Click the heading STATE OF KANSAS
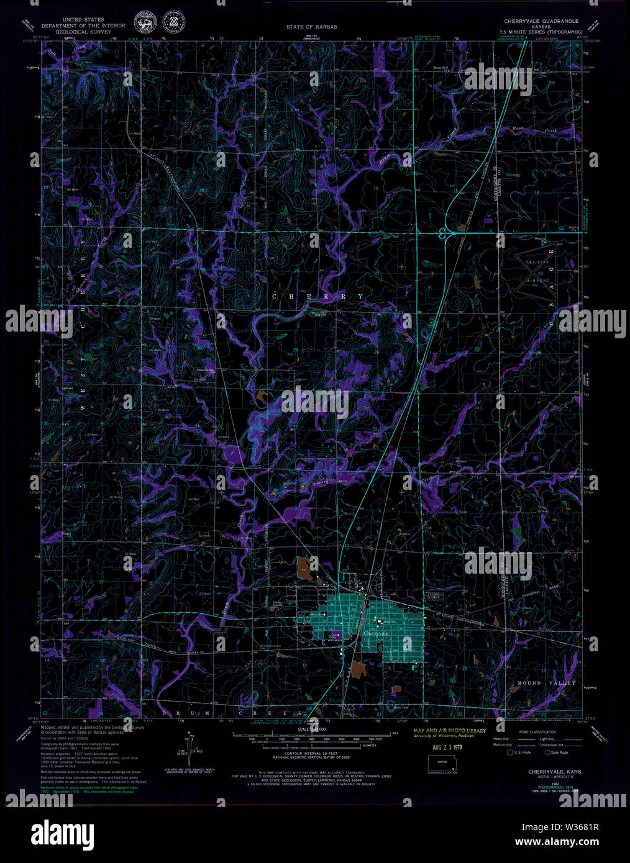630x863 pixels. click(x=312, y=27)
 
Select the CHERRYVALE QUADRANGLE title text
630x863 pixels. click(x=541, y=21)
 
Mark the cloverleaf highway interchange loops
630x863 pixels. click(x=445, y=233)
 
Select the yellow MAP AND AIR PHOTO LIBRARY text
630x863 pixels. click(x=449, y=731)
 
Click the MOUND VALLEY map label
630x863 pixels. click(x=547, y=683)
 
